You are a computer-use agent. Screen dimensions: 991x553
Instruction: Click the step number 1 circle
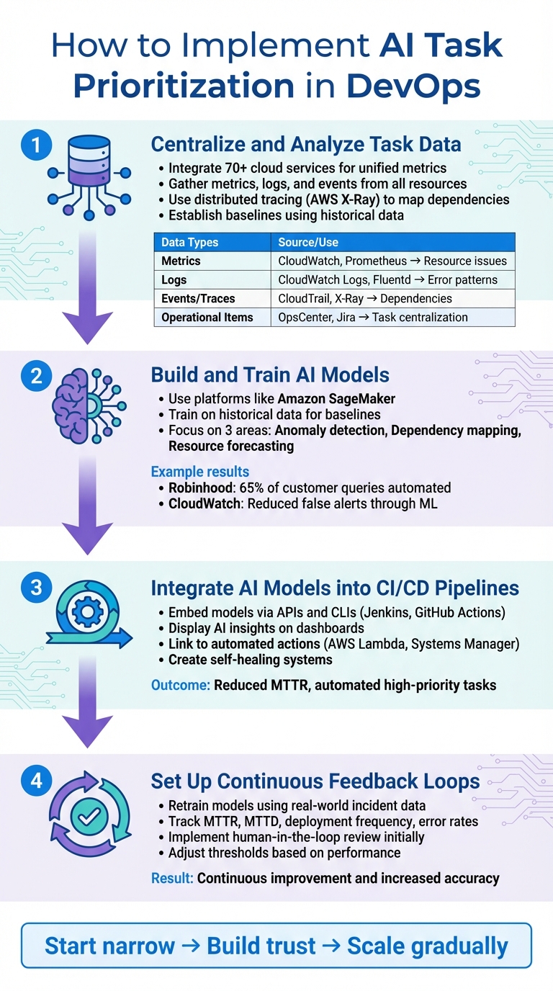pyautogui.click(x=36, y=146)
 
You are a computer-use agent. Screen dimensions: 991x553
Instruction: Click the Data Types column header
pyautogui.click(x=189, y=242)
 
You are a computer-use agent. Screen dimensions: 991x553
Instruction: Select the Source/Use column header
pyautogui.click(x=308, y=242)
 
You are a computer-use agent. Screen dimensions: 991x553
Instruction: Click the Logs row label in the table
pyautogui.click(x=174, y=279)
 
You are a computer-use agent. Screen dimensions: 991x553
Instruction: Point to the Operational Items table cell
pyautogui.click(x=207, y=317)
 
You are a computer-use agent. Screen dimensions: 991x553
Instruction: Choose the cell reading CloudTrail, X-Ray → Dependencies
pyautogui.click(x=365, y=298)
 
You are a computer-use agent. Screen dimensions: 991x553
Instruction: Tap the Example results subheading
pyautogui.click(x=199, y=472)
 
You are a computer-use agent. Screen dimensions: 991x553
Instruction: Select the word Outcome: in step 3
pyautogui.click(x=181, y=684)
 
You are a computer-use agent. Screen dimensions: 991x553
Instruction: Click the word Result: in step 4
pyautogui.click(x=172, y=878)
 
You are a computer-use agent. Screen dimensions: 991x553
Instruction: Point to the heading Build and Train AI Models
pyautogui.click(x=270, y=375)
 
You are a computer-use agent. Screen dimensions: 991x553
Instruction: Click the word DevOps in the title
pyautogui.click(x=413, y=86)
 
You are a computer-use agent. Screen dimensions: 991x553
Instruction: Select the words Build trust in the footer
pyautogui.click(x=261, y=946)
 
